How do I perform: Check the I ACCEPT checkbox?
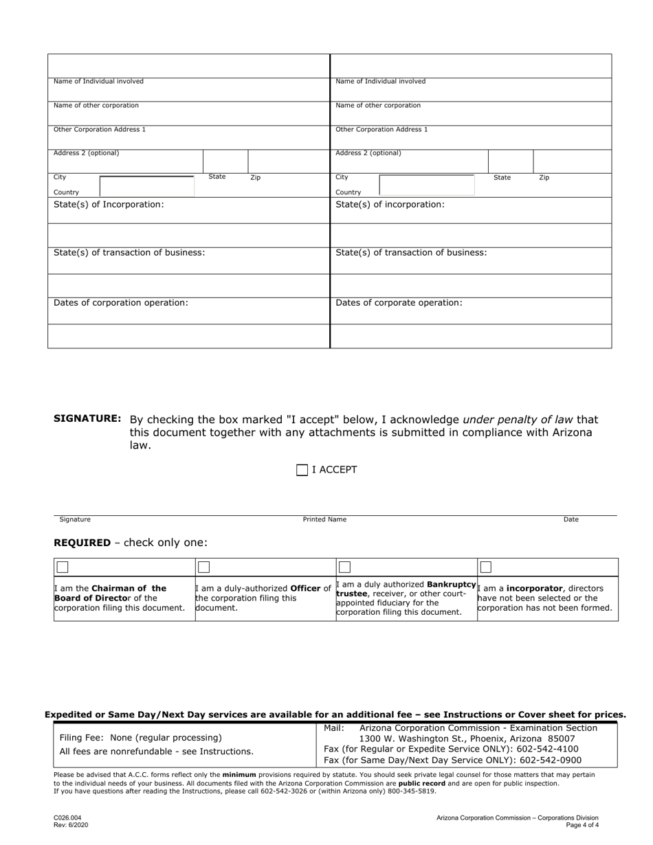point(302,470)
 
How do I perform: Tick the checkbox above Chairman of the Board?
point(63,567)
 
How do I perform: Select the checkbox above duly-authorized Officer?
point(203,567)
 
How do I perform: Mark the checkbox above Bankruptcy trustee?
point(345,567)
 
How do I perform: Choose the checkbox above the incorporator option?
point(486,567)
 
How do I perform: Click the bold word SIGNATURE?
point(87,419)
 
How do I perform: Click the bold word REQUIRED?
point(82,543)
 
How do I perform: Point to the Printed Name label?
point(324,519)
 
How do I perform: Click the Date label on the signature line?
point(571,519)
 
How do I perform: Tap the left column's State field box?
point(225,161)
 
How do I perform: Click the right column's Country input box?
point(426,185)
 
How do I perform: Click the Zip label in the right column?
point(544,178)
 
